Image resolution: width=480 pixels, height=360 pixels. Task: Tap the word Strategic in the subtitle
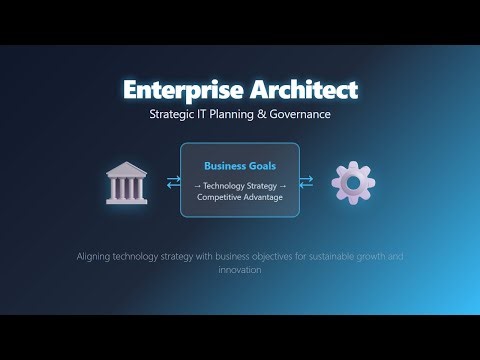click(173, 114)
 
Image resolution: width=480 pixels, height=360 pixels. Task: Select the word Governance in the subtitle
click(297, 114)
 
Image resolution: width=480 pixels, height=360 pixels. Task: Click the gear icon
click(353, 182)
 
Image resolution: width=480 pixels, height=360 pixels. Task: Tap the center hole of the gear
click(353, 182)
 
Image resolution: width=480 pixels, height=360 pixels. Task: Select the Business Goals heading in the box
click(240, 166)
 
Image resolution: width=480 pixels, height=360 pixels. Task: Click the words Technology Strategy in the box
click(240, 187)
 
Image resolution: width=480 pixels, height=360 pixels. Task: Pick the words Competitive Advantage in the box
click(240, 198)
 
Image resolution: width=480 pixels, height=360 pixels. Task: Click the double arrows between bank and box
click(172, 182)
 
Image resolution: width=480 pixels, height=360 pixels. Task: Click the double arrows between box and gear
click(307, 182)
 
